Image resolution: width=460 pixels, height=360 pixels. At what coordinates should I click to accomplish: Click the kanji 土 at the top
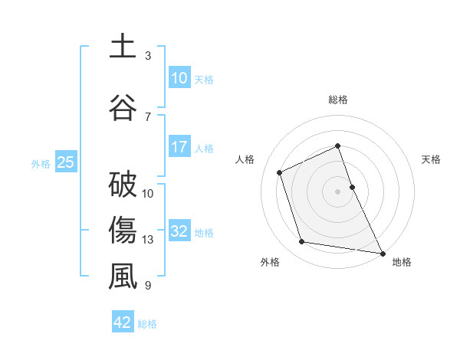(x=122, y=47)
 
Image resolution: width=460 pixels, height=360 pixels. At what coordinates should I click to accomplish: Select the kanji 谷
(x=122, y=106)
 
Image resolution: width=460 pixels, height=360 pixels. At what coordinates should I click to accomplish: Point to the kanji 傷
(x=122, y=230)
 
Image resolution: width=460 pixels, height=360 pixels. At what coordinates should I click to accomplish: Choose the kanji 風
(x=122, y=276)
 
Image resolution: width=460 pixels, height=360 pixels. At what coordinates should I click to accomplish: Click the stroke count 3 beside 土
(x=148, y=56)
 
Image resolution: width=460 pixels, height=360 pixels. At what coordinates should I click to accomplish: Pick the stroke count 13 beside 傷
(x=148, y=240)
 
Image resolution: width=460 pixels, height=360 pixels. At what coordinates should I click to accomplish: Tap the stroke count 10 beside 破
(x=148, y=193)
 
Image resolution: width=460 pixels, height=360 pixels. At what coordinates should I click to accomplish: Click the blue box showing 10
(x=179, y=77)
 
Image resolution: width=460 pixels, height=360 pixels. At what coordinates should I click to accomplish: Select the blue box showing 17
(x=179, y=146)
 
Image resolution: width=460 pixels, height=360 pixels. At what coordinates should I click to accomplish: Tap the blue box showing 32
(x=179, y=231)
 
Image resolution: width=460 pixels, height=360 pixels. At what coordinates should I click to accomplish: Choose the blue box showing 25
(x=65, y=162)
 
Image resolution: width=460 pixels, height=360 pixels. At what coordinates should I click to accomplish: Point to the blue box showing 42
(x=123, y=322)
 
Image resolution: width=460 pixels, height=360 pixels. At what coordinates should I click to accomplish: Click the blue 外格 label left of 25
(x=41, y=163)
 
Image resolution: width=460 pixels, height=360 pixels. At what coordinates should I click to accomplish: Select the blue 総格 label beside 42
(x=147, y=324)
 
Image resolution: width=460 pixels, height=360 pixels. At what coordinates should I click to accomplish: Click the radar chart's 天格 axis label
(x=432, y=159)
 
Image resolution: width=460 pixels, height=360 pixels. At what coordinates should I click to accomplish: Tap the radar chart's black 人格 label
(x=245, y=159)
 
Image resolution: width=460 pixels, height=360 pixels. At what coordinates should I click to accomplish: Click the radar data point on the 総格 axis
(x=337, y=146)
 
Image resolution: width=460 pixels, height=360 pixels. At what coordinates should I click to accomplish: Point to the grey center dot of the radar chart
(x=337, y=191)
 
